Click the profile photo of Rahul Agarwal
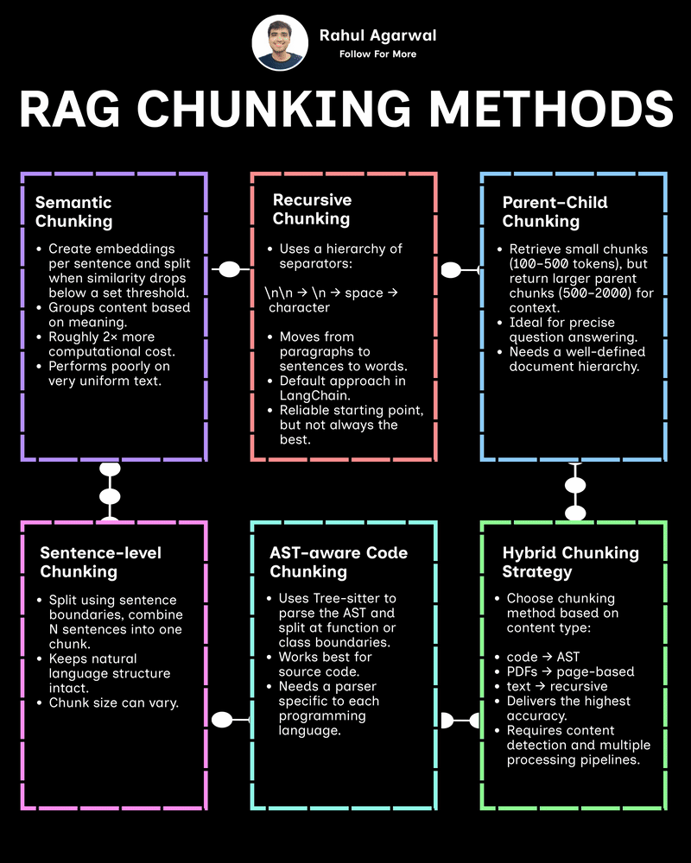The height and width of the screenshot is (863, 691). (281, 43)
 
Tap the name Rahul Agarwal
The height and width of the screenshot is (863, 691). (378, 35)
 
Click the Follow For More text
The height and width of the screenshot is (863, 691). (378, 54)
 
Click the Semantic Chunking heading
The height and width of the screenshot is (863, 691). (73, 212)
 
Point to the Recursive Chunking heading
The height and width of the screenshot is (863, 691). (311, 209)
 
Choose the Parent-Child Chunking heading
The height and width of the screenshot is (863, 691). (555, 212)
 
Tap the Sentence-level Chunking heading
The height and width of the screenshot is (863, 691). (100, 562)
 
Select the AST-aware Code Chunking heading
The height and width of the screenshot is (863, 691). (339, 562)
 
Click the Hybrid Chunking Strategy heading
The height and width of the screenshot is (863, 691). (570, 562)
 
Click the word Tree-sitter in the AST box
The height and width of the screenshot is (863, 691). (353, 598)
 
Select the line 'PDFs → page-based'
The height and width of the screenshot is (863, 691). (570, 671)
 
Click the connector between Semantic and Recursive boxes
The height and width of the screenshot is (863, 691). (229, 270)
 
